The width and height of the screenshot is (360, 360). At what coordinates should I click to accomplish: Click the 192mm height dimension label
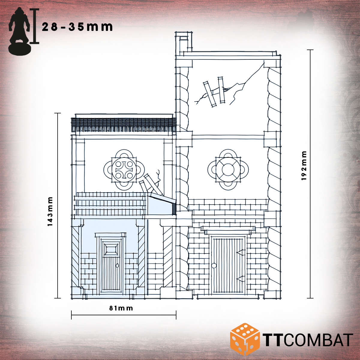coord(304,166)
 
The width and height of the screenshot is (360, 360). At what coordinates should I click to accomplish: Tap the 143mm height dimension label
coord(50,211)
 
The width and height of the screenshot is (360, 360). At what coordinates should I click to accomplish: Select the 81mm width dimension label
coord(121,308)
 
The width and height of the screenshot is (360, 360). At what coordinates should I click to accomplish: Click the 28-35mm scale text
coord(77,27)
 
